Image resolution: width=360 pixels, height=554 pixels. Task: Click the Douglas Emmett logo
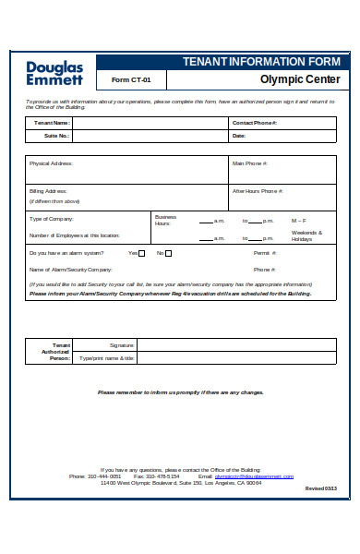[54, 73]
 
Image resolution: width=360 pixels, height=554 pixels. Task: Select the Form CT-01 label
[131, 79]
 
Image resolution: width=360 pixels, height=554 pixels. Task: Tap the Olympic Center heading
[300, 79]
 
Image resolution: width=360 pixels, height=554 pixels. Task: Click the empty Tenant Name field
[150, 122]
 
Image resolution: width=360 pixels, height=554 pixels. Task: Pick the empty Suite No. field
[150, 136]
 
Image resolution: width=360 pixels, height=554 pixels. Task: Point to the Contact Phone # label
[254, 122]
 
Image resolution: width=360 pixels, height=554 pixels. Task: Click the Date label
[239, 136]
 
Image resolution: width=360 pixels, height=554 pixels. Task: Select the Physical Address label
[51, 163]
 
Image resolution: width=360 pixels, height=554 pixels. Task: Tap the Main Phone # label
[249, 163]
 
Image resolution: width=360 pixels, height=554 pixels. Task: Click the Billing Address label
[48, 191]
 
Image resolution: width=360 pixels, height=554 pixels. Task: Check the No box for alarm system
[169, 253]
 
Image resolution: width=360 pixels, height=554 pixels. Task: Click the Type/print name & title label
[106, 357]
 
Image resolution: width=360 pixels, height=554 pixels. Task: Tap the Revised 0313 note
[320, 488]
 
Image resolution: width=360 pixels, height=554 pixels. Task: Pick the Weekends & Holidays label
[306, 235]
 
